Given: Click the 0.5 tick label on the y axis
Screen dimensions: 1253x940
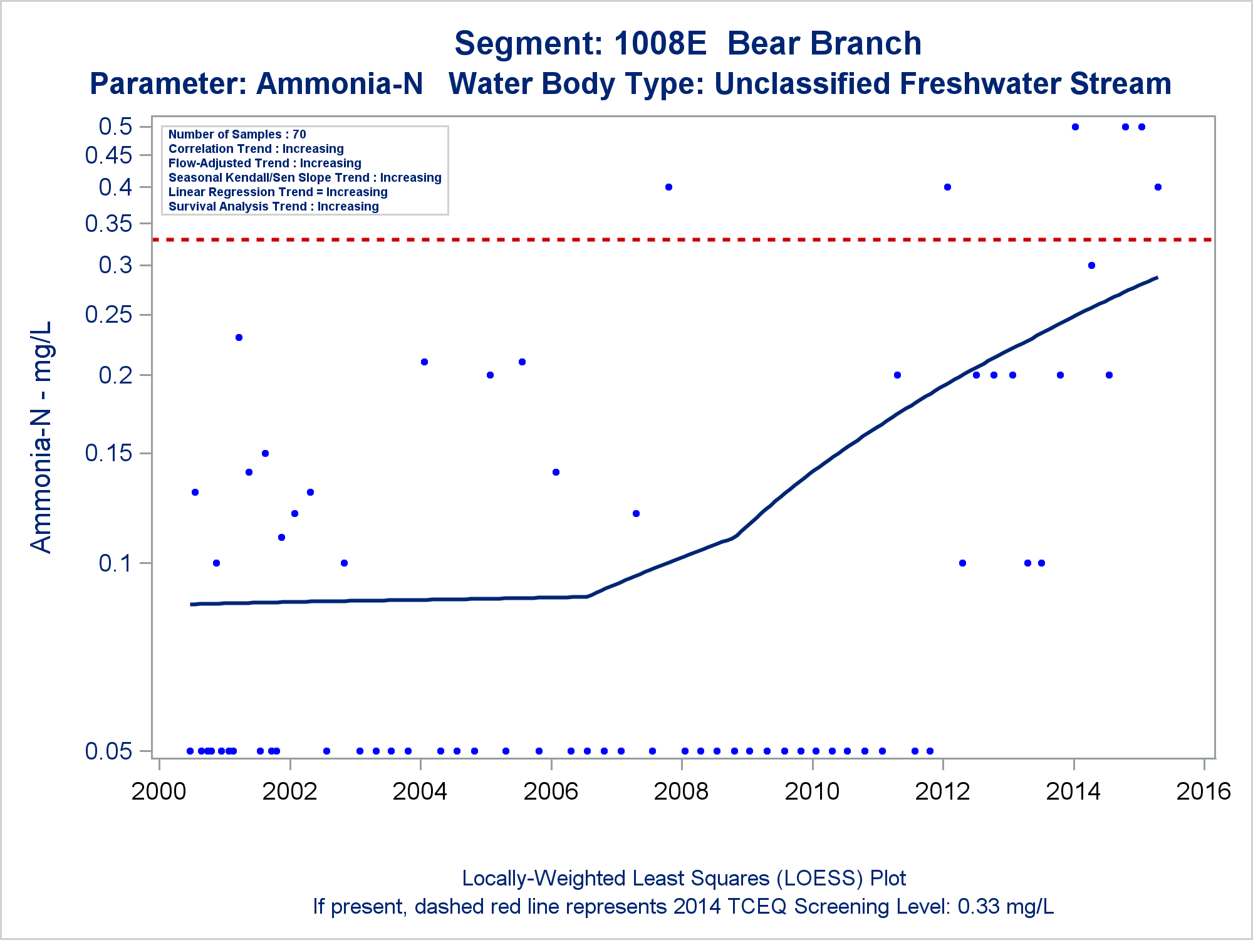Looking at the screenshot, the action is pos(116,126).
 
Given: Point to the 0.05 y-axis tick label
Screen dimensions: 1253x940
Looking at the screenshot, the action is pos(109,751).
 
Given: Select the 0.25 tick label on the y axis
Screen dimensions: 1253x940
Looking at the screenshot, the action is pos(109,314).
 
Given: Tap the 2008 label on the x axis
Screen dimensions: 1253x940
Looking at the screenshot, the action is pos(681,791).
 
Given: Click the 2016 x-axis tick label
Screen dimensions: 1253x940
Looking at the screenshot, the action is pos(1204,791).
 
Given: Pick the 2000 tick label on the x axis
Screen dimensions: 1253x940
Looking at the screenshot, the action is pos(159,791).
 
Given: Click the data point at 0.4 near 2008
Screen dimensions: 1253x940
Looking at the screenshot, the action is pos(668,187).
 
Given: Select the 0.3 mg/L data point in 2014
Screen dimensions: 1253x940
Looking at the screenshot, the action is pos(1091,265).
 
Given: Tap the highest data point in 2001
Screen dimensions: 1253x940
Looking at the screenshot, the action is pos(239,337).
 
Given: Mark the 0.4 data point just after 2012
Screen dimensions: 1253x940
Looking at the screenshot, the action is pos(947,187).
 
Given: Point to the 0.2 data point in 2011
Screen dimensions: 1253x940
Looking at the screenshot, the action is pos(897,375).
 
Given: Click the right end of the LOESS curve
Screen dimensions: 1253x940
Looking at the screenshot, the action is pos(1157,278).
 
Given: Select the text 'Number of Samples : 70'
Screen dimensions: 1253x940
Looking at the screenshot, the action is pos(237,134).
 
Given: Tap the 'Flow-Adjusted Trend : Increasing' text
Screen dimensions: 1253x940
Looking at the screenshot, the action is pos(264,163).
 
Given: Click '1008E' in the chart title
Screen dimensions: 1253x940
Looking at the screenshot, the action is pos(660,43).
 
